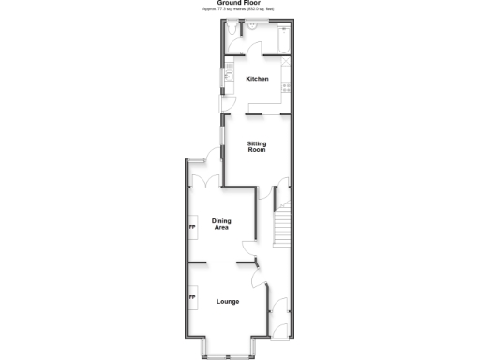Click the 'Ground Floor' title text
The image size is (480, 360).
point(239,3)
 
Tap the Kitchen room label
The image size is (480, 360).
point(258,79)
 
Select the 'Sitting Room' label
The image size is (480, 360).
point(257,145)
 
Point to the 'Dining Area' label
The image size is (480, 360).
point(222,224)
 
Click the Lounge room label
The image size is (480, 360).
point(228,301)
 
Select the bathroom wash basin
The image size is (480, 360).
point(254,27)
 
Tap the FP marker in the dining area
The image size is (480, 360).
point(193,226)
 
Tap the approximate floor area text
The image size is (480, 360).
point(239,9)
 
